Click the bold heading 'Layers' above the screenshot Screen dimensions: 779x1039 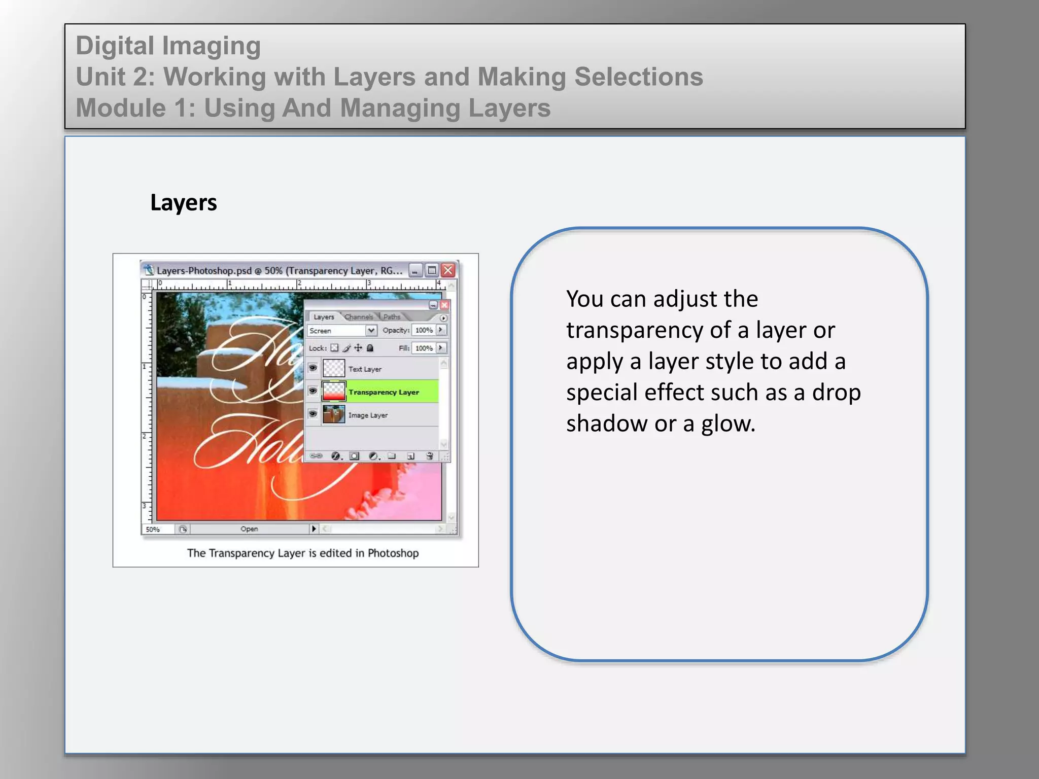pyautogui.click(x=183, y=203)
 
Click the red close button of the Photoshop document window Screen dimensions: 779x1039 pyautogui.click(x=448, y=270)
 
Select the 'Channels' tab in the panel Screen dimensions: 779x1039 pyautogui.click(x=359, y=317)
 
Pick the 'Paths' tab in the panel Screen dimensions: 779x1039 pyautogui.click(x=392, y=317)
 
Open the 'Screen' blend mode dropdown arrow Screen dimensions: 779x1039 pyautogui.click(x=371, y=330)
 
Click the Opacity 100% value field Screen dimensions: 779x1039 pyautogui.click(x=424, y=330)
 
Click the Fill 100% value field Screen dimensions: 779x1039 pyautogui.click(x=424, y=348)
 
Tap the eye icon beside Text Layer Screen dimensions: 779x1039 pyautogui.click(x=313, y=368)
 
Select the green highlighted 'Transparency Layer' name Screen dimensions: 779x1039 pyautogui.click(x=384, y=392)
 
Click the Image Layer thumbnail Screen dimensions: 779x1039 pyautogui.click(x=334, y=415)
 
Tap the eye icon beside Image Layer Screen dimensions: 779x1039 pyautogui.click(x=313, y=414)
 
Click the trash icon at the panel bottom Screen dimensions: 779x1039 pyautogui.click(x=429, y=456)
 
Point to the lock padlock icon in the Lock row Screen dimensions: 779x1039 pyautogui.click(x=370, y=348)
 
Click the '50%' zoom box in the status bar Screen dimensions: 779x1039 pyautogui.click(x=153, y=529)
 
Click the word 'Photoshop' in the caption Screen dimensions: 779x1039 pyautogui.click(x=393, y=553)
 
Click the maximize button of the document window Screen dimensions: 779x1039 pyautogui.click(x=432, y=270)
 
